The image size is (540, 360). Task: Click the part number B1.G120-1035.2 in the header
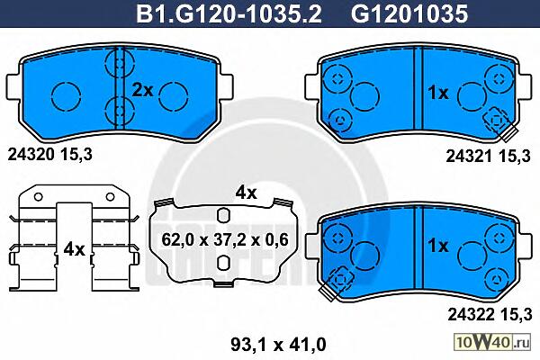tap(229, 13)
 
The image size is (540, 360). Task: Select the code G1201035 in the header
tap(409, 13)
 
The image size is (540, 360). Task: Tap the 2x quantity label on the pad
tap(142, 90)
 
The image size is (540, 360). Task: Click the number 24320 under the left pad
tap(31, 155)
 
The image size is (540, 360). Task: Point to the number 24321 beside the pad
tap(469, 157)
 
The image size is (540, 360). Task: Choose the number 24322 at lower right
tap(471, 314)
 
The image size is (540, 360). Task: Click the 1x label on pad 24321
tap(438, 93)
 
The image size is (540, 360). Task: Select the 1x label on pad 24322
tap(438, 246)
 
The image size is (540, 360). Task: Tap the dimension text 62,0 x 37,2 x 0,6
tap(225, 239)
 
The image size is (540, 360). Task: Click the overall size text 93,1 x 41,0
tap(278, 344)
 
